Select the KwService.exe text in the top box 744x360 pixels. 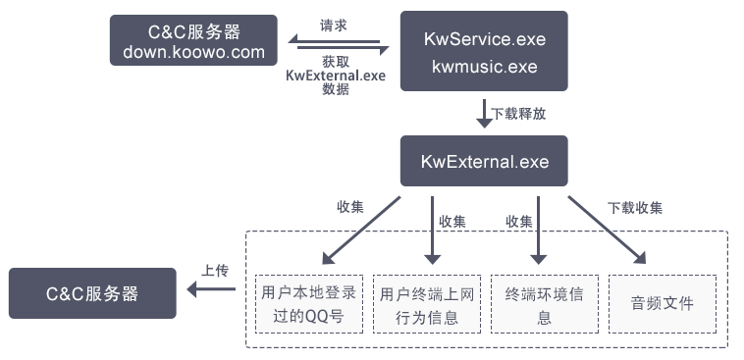click(x=484, y=40)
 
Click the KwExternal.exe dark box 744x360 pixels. click(x=484, y=161)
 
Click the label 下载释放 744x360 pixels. click(x=518, y=113)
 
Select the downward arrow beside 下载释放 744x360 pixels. click(x=484, y=113)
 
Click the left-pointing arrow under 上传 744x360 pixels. click(x=212, y=289)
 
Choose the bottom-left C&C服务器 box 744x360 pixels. click(x=92, y=293)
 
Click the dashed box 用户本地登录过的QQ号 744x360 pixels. click(x=309, y=305)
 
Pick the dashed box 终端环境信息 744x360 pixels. click(x=544, y=305)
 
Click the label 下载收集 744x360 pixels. click(x=634, y=208)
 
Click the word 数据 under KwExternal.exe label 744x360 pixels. click(x=336, y=89)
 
